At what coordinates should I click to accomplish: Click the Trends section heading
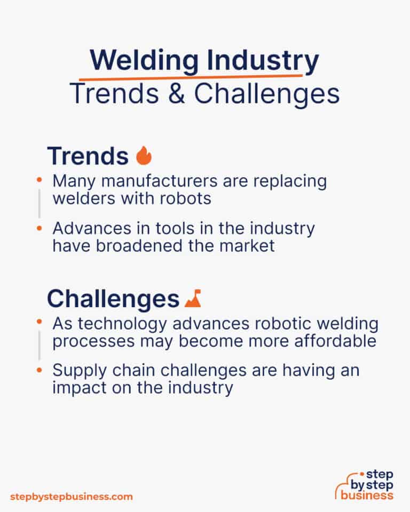(x=88, y=156)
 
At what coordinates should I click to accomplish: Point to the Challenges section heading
(x=113, y=299)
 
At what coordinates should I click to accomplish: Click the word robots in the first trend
(x=185, y=198)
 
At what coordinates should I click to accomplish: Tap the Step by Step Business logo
(x=365, y=484)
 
